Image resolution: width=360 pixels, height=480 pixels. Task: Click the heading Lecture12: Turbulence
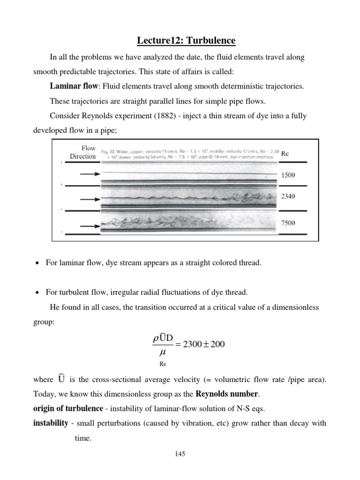coord(186,41)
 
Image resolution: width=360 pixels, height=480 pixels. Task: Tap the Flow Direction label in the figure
coord(83,152)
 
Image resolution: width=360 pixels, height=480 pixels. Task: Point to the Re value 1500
coord(288,175)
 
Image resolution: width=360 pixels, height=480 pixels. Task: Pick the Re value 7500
coord(288,223)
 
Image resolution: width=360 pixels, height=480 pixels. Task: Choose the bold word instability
coord(51,423)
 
